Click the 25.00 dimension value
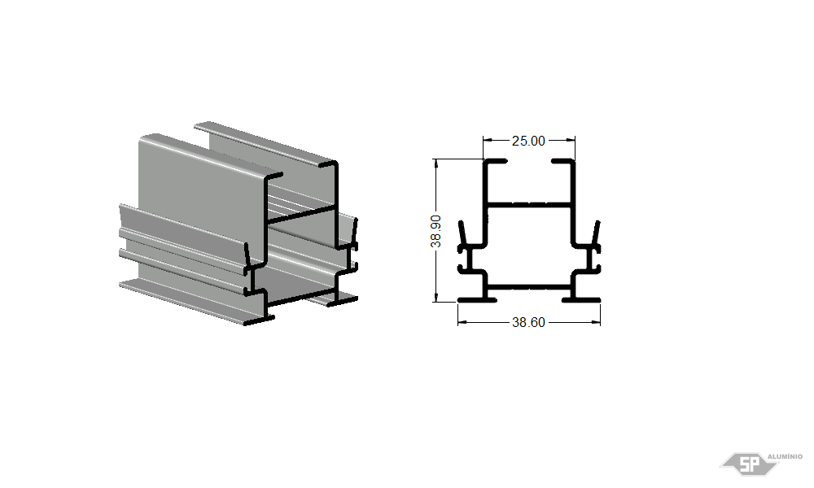point(528,141)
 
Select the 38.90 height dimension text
point(436,231)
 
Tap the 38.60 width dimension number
point(528,323)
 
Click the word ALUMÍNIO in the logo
point(785,456)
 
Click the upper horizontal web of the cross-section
point(529,204)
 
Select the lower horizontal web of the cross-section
point(529,286)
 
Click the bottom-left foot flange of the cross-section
point(477,299)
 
